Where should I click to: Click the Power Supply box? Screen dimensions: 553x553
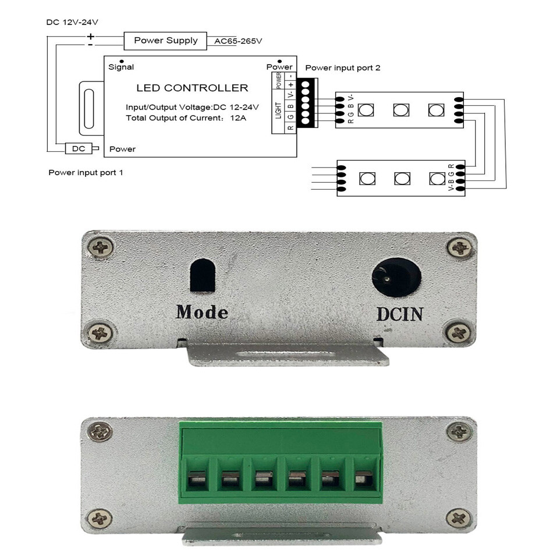165,41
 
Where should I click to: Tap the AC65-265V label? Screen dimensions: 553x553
238,41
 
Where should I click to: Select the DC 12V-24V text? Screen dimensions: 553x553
72,22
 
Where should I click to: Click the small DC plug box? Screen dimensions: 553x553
79,148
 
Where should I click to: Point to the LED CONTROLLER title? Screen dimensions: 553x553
192,88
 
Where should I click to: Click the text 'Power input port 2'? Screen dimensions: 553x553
343,68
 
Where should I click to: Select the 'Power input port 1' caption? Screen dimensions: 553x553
86,172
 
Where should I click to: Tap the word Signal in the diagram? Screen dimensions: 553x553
121,67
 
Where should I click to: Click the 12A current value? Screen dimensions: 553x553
238,118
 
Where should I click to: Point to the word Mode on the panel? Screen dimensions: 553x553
202,312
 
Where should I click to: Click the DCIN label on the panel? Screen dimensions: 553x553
400,314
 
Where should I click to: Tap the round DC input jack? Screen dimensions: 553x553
396,277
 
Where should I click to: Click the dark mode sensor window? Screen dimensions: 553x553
203,275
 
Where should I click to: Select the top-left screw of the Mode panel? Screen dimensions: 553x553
101,247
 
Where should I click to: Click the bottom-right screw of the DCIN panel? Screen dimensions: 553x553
459,332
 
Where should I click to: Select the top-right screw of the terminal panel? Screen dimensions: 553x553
459,431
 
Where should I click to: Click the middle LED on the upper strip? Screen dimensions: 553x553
401,110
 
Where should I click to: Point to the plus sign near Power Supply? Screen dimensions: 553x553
91,36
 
